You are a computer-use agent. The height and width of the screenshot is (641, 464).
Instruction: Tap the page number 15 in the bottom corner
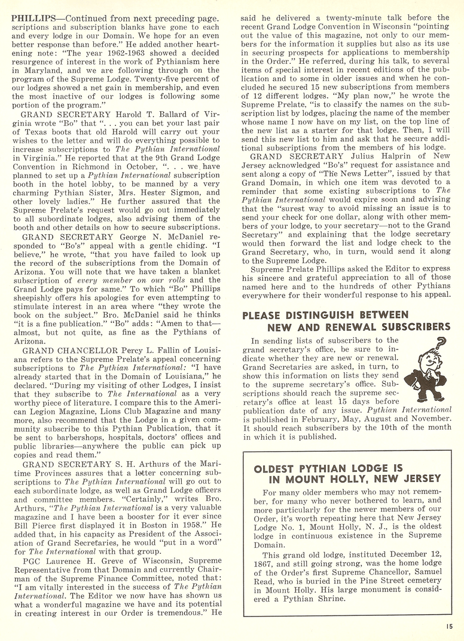click(449, 626)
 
